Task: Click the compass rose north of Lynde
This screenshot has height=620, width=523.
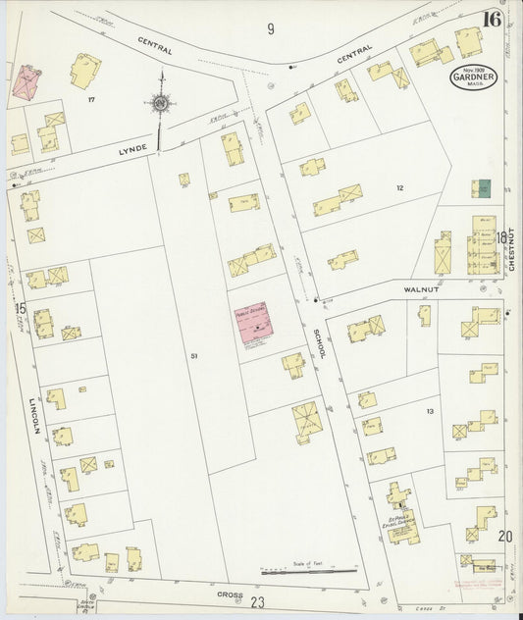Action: tap(162, 102)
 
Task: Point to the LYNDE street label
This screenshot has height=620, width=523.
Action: tap(132, 149)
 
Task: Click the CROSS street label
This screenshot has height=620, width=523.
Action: tap(230, 594)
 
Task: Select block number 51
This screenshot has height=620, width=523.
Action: tap(195, 354)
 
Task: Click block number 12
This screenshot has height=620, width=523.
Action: tap(399, 186)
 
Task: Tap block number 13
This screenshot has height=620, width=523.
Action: tap(429, 411)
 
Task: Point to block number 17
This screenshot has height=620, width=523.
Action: tap(91, 100)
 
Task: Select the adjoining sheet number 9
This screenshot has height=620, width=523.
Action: tap(269, 28)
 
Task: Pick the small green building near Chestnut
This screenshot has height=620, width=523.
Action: tap(484, 187)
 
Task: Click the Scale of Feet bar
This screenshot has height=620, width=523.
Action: tap(308, 571)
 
